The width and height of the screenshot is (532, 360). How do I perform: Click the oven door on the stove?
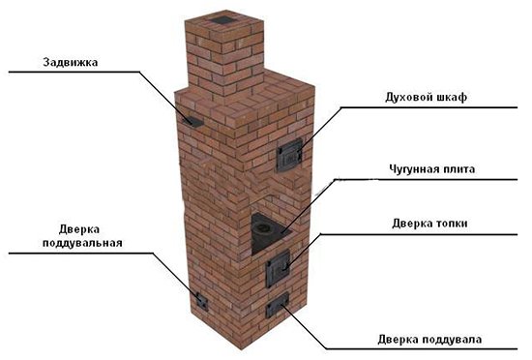pyautogui.click(x=289, y=154)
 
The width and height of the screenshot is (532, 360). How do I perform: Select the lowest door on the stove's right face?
pyautogui.click(x=279, y=308)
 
